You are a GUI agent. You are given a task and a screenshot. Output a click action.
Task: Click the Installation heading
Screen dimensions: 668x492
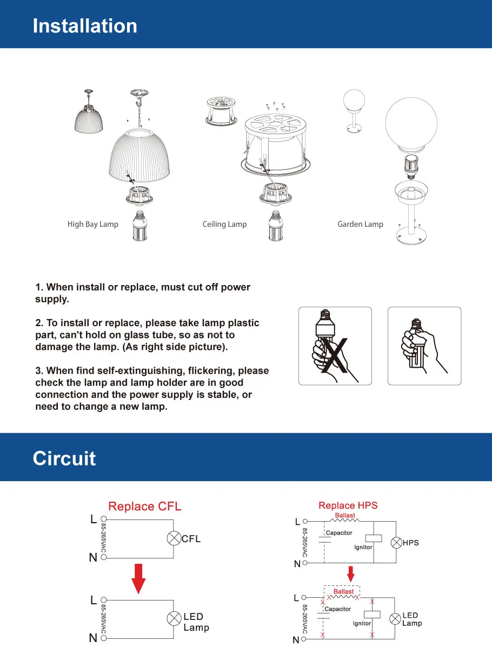pyautogui.click(x=85, y=26)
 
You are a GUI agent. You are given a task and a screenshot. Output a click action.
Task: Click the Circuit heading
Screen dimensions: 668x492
pyautogui.click(x=64, y=458)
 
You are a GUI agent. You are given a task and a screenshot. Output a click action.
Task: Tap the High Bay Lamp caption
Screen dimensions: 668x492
pyautogui.click(x=92, y=224)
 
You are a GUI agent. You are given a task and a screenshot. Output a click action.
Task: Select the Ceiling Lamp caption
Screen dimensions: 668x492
pyautogui.click(x=224, y=224)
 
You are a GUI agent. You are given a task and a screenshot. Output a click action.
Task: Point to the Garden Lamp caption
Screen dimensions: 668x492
pyautogui.click(x=360, y=224)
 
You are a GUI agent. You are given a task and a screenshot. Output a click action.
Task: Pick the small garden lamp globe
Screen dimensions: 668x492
pyautogui.click(x=355, y=101)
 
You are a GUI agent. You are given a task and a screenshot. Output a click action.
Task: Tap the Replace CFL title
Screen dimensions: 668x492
pyautogui.click(x=144, y=507)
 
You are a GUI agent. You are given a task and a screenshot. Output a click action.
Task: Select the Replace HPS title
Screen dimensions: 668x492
pyautogui.click(x=348, y=505)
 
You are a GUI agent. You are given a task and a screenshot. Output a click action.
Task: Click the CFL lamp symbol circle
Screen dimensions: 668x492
pyautogui.click(x=174, y=539)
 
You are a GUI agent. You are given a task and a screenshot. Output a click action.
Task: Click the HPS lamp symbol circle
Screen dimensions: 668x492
pyautogui.click(x=396, y=543)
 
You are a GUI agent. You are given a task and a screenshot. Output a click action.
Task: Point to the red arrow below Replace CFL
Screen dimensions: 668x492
pyautogui.click(x=139, y=578)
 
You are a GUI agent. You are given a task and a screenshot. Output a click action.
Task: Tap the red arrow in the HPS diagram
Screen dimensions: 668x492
pyautogui.click(x=351, y=574)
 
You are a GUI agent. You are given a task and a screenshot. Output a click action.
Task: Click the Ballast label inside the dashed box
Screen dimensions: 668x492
pyautogui.click(x=343, y=592)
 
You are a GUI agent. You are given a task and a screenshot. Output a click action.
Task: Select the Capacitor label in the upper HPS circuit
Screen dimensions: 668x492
pyautogui.click(x=339, y=533)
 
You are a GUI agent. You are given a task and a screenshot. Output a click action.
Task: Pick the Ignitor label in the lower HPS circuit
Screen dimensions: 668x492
pyautogui.click(x=362, y=623)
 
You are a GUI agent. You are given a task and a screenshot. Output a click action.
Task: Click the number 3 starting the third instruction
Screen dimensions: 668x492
pyautogui.click(x=38, y=371)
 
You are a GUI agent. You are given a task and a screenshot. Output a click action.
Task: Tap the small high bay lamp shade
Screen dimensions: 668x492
pyautogui.click(x=88, y=118)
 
